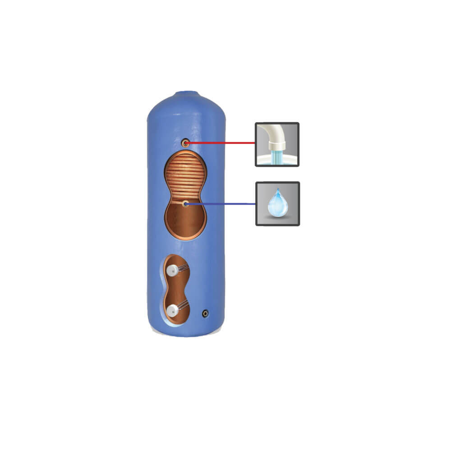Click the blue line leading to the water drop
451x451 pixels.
(x=221, y=204)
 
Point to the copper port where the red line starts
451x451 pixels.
(x=185, y=143)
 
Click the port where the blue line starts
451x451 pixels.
(x=185, y=204)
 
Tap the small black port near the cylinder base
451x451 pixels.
(x=206, y=312)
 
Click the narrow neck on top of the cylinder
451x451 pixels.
(x=186, y=94)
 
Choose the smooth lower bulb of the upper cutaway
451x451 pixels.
(x=185, y=223)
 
